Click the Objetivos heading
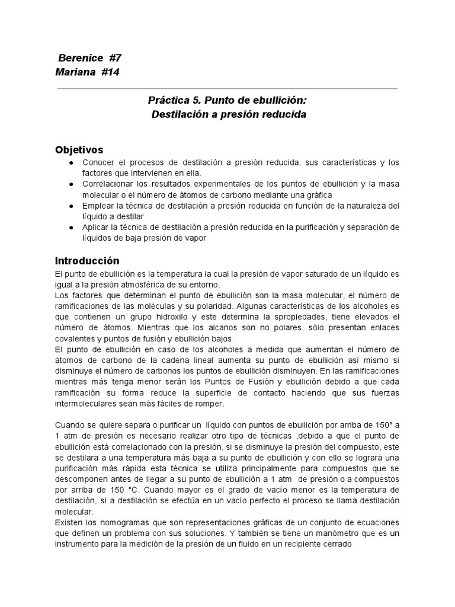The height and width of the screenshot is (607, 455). tap(79, 149)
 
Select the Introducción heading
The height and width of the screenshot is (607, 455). tap(87, 260)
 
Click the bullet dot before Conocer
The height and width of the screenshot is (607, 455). tap(71, 162)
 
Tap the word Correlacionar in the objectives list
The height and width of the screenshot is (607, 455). tap(110, 184)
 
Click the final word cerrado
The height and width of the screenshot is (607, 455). tap(337, 543)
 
